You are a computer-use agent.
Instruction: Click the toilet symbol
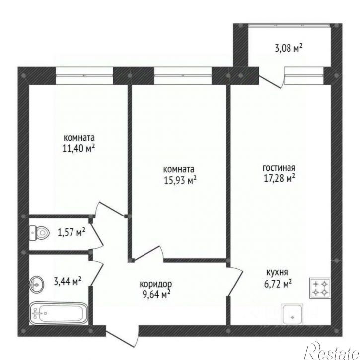coord(40,233)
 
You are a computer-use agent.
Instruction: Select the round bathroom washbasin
coord(36,285)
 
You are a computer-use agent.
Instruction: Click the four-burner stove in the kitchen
coord(320,288)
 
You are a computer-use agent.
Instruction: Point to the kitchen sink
coord(292,314)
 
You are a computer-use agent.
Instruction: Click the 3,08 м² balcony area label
coord(288,49)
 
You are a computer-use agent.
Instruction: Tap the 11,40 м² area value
coord(78,149)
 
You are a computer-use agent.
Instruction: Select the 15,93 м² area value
coord(180,180)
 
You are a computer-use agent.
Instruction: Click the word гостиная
coord(279,168)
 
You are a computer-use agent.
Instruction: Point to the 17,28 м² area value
coord(280,178)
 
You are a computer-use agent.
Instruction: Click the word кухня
coord(277,272)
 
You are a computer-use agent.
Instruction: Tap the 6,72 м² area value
coord(278,284)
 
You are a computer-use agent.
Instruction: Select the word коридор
coord(155,284)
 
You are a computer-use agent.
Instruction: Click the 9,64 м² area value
coord(156,294)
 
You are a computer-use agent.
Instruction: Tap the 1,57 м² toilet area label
coord(72,232)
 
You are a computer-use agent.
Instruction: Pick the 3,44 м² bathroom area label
coord(68,281)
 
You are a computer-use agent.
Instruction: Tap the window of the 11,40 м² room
coord(84,75)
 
